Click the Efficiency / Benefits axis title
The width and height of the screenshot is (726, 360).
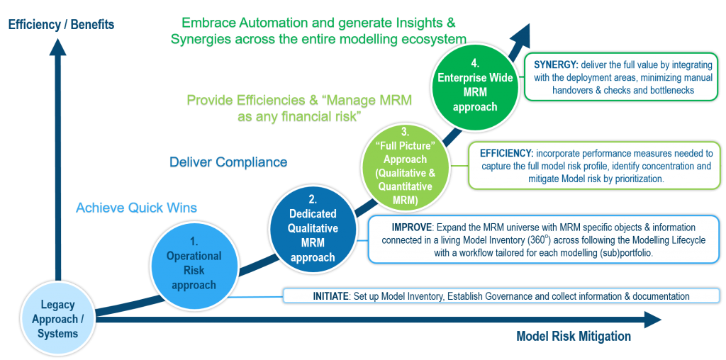(61, 25)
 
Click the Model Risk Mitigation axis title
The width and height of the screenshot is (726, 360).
(573, 337)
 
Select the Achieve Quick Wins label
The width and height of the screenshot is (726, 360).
(136, 208)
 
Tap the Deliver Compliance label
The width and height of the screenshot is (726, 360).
(228, 163)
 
